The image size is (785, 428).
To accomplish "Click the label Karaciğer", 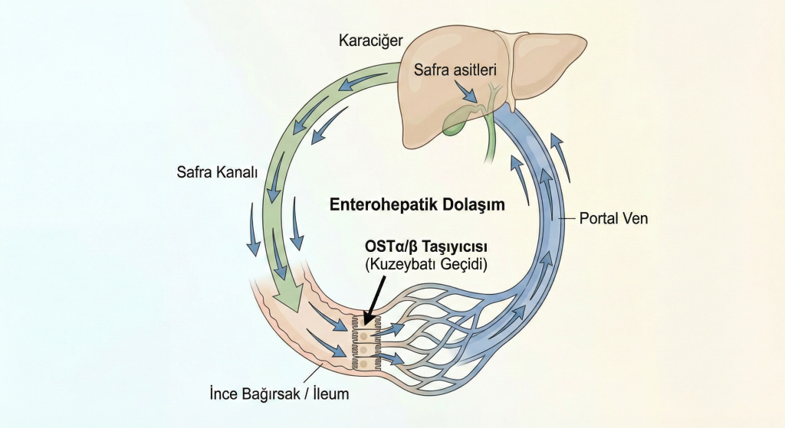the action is (370, 41).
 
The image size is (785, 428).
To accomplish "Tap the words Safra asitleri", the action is (455, 70).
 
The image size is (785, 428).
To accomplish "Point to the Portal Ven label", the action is (613, 218).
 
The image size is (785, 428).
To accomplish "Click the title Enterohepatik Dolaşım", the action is (417, 204).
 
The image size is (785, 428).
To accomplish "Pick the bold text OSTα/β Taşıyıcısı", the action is (426, 247).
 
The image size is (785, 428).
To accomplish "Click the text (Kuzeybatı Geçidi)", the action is (426, 264).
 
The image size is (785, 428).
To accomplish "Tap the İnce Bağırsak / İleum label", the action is (279, 394).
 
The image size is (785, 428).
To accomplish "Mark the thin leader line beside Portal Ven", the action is (567, 219).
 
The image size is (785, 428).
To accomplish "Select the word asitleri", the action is (475, 70).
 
